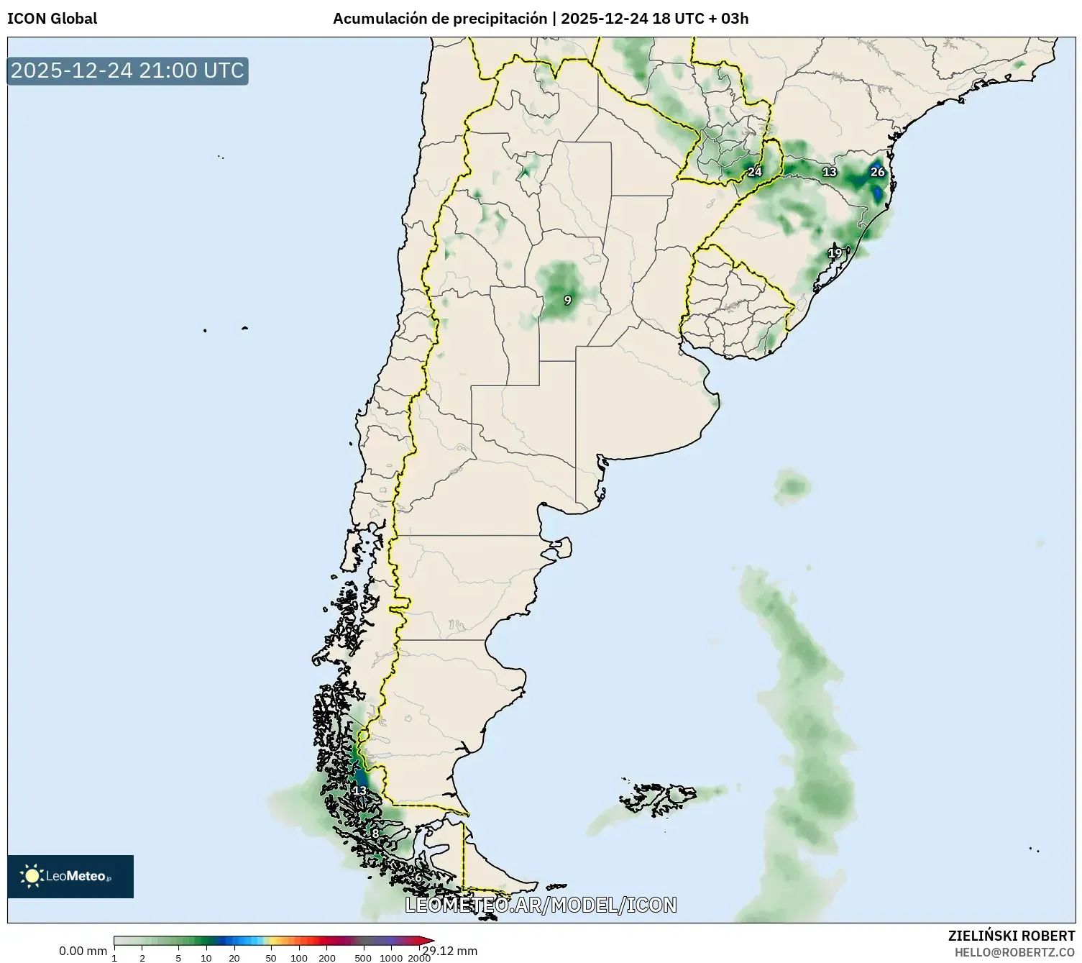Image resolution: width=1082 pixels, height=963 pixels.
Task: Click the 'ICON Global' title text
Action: [52, 19]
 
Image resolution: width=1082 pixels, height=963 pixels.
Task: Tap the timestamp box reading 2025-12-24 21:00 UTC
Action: [128, 70]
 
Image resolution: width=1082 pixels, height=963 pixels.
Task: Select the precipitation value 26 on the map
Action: [877, 172]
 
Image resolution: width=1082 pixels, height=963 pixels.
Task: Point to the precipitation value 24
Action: [754, 172]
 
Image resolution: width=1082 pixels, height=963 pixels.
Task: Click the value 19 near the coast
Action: [834, 253]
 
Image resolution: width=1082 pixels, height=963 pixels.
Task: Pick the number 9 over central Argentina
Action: [567, 300]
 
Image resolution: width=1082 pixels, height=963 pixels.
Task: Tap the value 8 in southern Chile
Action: [375, 834]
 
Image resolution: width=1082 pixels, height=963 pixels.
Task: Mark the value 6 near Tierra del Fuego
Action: [418, 878]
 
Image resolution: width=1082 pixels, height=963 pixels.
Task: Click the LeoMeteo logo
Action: [70, 876]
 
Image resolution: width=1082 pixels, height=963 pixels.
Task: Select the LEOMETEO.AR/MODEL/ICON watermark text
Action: [541, 905]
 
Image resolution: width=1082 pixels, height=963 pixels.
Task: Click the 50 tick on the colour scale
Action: [271, 957]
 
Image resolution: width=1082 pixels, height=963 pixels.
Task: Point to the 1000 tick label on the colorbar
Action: [391, 957]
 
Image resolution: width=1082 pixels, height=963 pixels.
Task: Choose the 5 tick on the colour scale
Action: [178, 957]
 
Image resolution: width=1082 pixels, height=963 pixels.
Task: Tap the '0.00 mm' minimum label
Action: [83, 951]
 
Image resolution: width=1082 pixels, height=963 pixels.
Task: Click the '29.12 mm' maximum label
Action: [450, 951]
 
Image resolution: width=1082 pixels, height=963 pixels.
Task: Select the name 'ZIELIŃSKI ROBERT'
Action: [1011, 936]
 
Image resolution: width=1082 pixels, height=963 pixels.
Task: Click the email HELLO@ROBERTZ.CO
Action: [1014, 952]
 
